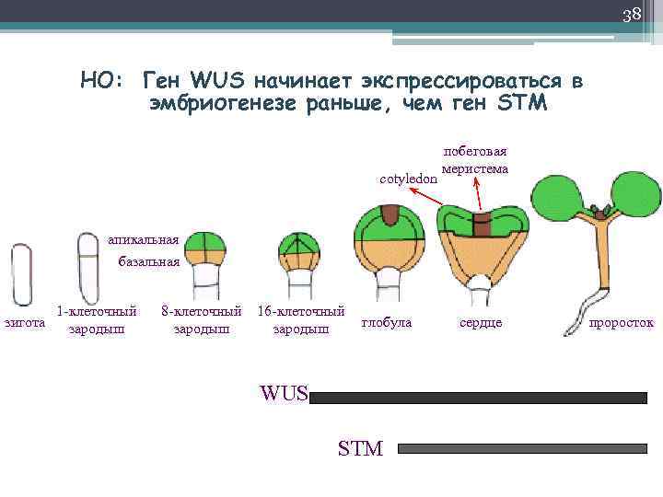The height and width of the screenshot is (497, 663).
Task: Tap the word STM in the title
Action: [x=522, y=104]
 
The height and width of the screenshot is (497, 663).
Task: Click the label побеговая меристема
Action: [x=475, y=160]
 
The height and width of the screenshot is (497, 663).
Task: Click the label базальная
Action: [x=149, y=261]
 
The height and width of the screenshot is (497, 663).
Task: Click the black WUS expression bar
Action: [x=479, y=399]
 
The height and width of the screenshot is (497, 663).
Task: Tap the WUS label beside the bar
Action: [x=285, y=394]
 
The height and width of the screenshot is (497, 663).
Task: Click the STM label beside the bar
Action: [x=360, y=449]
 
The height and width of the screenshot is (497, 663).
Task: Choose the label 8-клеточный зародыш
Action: [x=202, y=319]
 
